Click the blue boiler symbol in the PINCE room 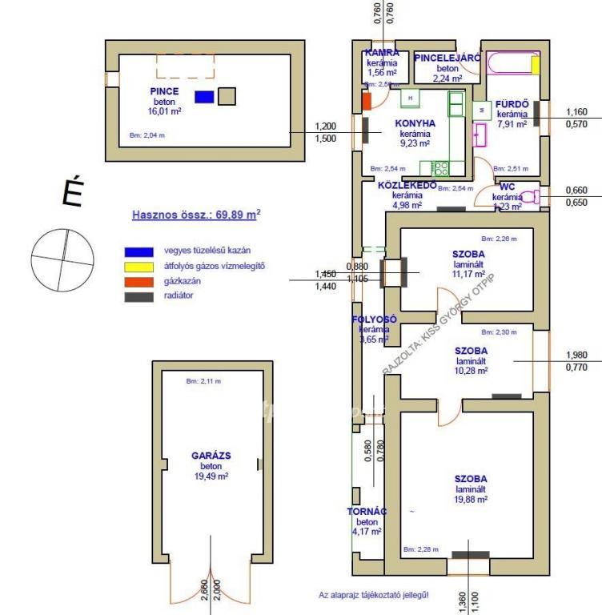pyautogui.click(x=205, y=97)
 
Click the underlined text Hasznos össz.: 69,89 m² pyautogui.click(x=196, y=215)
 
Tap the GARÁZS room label pyautogui.click(x=211, y=455)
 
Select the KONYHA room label pyautogui.click(x=415, y=124)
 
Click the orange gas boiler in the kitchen pyautogui.click(x=367, y=102)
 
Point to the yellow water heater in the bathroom pyautogui.click(x=536, y=64)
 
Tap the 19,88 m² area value pyautogui.click(x=471, y=499)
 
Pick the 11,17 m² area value pyautogui.click(x=468, y=274)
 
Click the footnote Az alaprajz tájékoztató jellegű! pyautogui.click(x=374, y=595)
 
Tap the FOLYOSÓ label pyautogui.click(x=374, y=319)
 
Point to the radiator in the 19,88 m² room pyautogui.click(x=470, y=553)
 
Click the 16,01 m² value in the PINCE pyautogui.click(x=164, y=111)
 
